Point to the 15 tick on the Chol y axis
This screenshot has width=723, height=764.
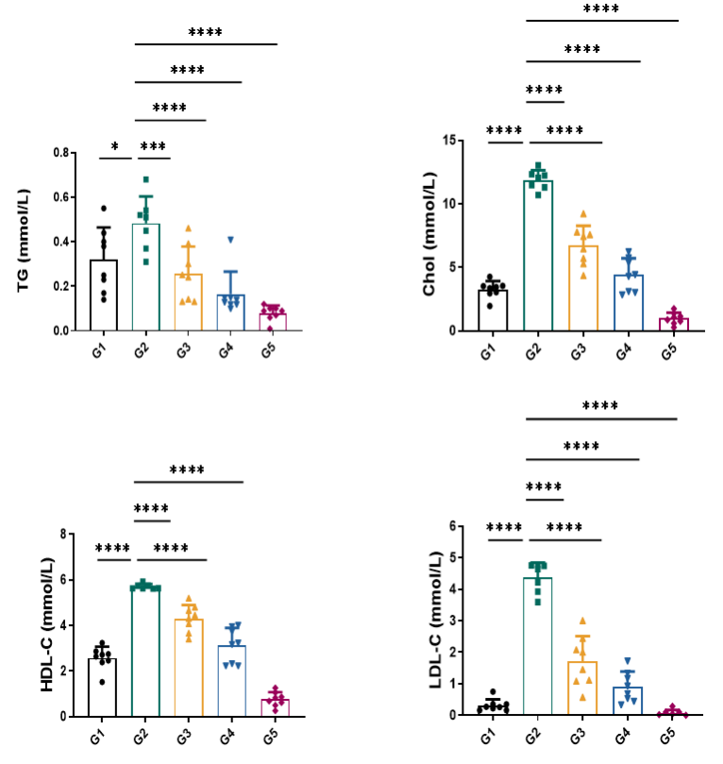pyautogui.click(x=452, y=141)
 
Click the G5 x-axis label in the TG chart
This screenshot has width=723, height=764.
pyautogui.click(x=277, y=352)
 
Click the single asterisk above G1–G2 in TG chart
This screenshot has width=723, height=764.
pyautogui.click(x=114, y=147)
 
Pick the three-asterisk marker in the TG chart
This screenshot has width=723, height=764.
pyautogui.click(x=153, y=147)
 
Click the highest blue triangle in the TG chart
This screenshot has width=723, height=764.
pyautogui.click(x=229, y=240)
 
